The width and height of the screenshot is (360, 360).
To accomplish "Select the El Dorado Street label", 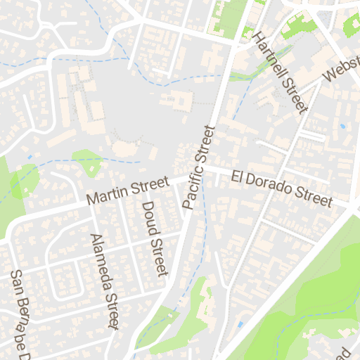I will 281,187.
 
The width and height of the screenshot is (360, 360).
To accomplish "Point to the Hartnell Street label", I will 281,72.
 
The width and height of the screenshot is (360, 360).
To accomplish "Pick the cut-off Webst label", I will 340,70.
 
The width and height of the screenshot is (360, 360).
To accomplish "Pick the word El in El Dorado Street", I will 238,174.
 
